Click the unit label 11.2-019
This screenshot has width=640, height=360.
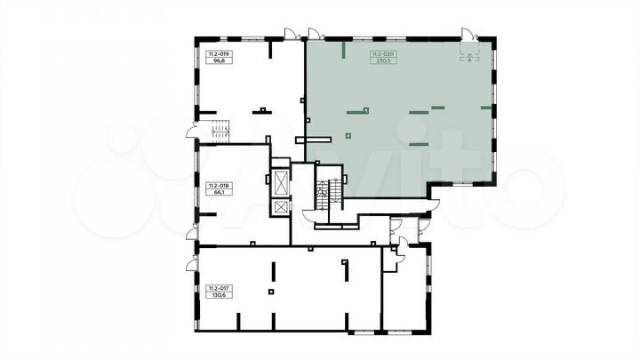[220, 54]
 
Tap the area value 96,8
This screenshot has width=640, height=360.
[220, 60]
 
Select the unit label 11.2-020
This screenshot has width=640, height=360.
[383, 54]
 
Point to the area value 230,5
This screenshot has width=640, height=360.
[383, 60]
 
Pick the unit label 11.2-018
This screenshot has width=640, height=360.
[220, 185]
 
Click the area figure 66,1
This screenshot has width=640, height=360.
[220, 192]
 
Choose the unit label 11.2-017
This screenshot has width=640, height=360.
[220, 288]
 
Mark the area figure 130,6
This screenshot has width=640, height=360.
[220, 295]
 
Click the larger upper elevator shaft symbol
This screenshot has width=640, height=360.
[281, 182]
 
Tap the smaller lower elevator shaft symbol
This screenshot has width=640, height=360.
[281, 207]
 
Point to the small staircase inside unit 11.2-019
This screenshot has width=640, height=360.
[220, 131]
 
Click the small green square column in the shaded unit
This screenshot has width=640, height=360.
[348, 135]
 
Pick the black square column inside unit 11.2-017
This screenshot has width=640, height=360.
[271, 292]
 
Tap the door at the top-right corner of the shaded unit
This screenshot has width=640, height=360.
[469, 35]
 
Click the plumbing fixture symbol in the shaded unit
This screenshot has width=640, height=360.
[469, 57]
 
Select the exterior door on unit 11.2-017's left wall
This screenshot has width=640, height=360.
[192, 264]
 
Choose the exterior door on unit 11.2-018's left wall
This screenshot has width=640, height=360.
[192, 233]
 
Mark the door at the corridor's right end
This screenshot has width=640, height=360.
[435, 205]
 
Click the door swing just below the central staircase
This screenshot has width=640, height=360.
[309, 215]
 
